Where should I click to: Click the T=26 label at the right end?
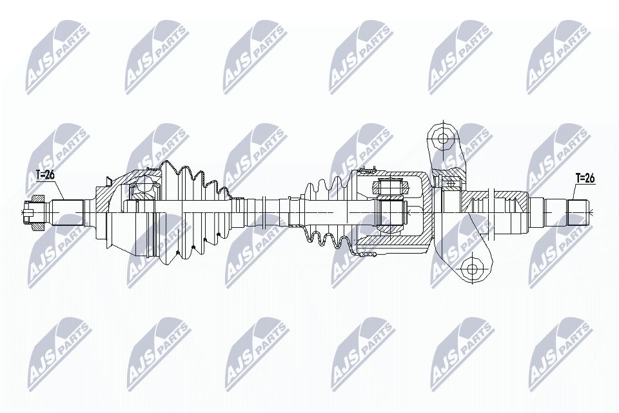(585, 179)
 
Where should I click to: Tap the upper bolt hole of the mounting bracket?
(442, 137)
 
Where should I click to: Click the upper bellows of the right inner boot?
(329, 187)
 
